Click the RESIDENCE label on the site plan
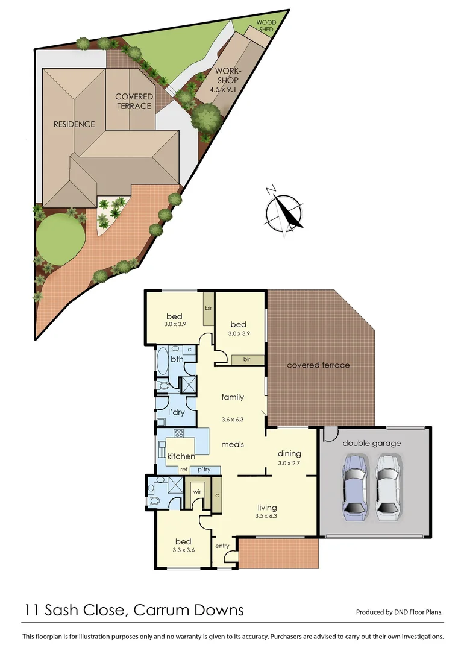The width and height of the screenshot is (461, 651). click(x=74, y=124)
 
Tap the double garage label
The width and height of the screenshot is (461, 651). click(x=371, y=443)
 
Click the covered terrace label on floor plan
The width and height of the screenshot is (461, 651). click(x=318, y=365)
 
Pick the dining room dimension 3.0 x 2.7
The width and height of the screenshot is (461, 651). click(x=289, y=465)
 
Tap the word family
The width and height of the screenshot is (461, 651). click(x=233, y=397)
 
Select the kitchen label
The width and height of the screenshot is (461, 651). click(x=181, y=456)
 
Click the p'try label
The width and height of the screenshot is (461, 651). click(x=204, y=469)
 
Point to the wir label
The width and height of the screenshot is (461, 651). click(x=196, y=491)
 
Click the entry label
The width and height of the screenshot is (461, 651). click(x=222, y=546)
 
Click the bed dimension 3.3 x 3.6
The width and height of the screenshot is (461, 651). click(x=183, y=550)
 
